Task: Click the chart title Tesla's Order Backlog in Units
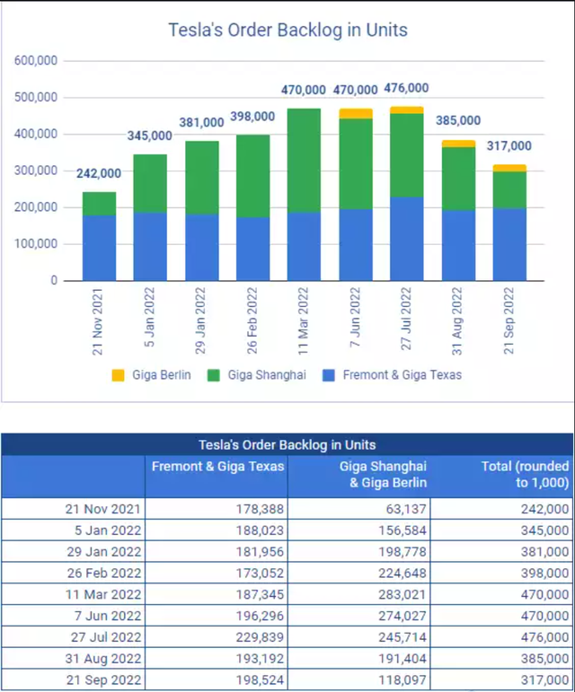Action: point(287,30)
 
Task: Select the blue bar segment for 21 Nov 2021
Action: point(99,248)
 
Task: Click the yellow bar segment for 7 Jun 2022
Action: point(356,114)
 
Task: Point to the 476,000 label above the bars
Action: point(406,89)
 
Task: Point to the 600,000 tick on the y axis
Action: point(36,60)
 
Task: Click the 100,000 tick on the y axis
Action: point(36,244)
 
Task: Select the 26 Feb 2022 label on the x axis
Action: point(252,320)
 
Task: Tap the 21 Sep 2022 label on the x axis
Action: point(510,320)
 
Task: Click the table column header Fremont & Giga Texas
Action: point(218,466)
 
